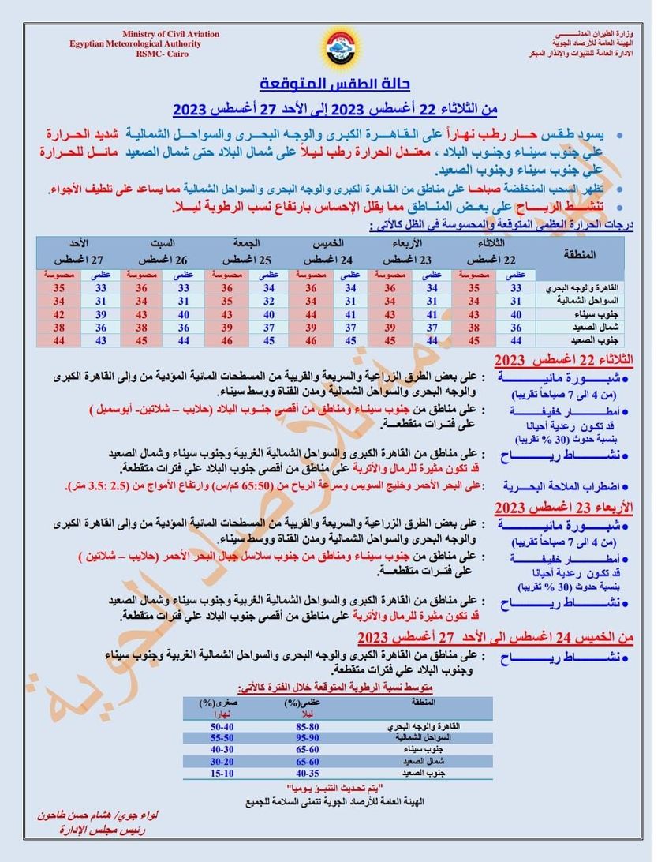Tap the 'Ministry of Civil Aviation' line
pyautogui.click(x=170, y=34)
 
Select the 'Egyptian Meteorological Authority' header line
pyautogui.click(x=135, y=43)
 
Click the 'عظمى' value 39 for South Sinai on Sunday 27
pyautogui.click(x=101, y=314)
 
